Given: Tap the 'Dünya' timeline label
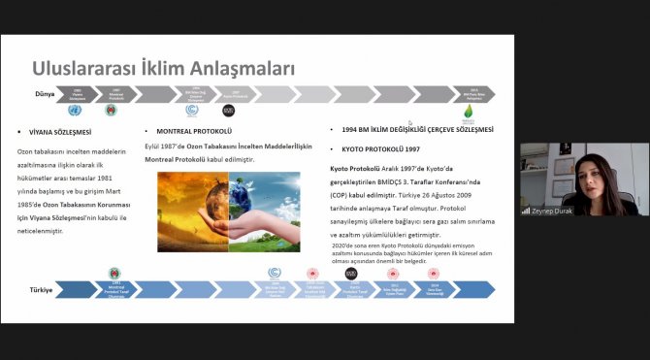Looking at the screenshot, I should coord(44,93).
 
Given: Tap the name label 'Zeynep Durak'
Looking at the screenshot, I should coord(559,209).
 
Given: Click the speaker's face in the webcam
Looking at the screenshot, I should coord(581,171).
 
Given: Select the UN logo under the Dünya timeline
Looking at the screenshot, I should coord(76,111).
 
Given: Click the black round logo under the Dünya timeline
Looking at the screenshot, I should coord(229,111).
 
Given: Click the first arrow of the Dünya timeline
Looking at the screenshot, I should coord(78,94).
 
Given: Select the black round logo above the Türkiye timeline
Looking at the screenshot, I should coord(351,273).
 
